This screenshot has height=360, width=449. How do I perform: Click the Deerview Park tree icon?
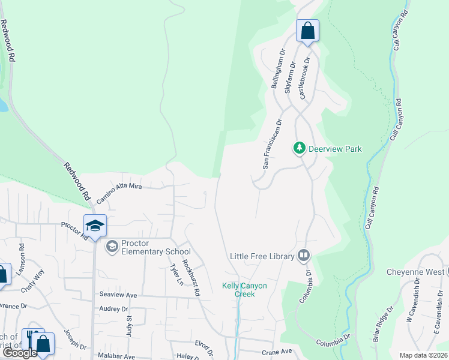pos(299,148)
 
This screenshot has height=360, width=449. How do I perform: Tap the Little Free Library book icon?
pos(304,256)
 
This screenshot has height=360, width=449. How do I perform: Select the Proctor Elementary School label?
pos(147,247)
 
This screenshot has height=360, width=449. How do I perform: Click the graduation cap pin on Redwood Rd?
pos(95,226)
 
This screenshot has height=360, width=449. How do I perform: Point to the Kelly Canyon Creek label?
pos(244,290)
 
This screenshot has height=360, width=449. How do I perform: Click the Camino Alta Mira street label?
pos(119,187)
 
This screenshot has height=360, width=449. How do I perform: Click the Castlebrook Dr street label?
pos(306,78)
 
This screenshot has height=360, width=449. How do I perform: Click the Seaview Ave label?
pos(118,295)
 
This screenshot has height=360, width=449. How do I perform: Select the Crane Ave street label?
pos(276,352)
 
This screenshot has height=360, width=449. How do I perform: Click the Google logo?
pos(19,353)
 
